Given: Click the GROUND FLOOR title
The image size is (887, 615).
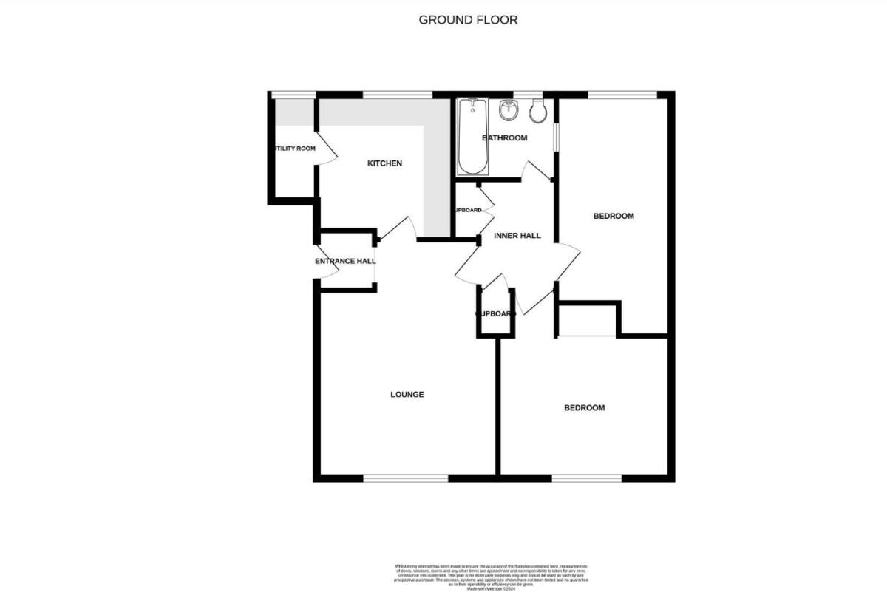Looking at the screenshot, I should coord(468,20).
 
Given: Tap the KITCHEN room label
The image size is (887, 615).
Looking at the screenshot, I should coord(384,163).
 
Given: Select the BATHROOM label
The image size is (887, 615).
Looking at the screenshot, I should coord(504,138).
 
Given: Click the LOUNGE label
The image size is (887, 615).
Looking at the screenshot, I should coord(407,395).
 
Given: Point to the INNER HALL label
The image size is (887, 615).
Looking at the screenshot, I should coord(517,236).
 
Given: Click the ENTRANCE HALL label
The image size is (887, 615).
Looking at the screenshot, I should coord(345,261).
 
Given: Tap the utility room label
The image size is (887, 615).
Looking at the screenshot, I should coord(295,149).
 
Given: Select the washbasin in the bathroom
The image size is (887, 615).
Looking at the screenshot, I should coord(508,111).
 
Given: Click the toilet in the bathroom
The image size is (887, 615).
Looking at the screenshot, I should coord(538,112).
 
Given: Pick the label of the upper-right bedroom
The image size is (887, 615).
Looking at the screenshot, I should coord(614,217).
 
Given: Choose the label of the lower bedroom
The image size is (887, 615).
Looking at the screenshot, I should coord(584,408).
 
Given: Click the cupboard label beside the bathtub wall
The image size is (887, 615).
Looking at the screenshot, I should coord(469,211).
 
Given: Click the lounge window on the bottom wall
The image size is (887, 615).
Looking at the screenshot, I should coord(405,478).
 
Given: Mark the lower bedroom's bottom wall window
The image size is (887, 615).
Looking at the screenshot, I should coord(587,478).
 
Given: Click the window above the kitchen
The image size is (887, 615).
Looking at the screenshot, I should coord(397,94).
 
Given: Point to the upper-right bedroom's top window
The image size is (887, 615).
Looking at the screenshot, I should coord(622,94).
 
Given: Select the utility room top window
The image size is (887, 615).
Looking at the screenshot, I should coord(289,94).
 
